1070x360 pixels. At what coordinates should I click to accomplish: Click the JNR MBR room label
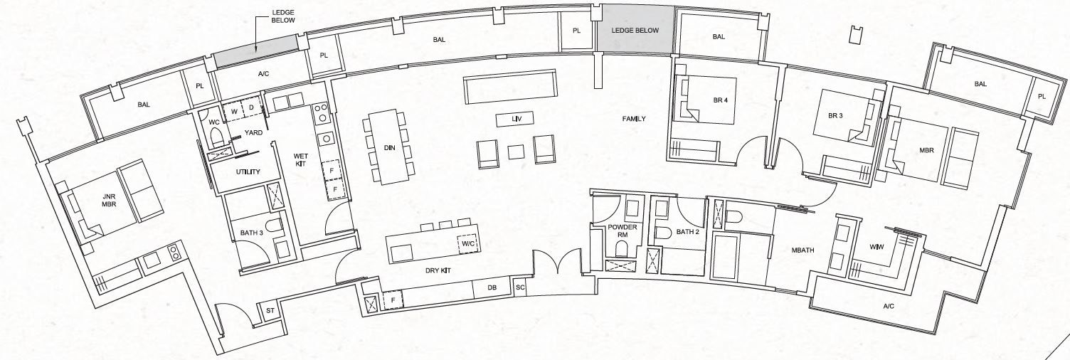(x=109, y=200)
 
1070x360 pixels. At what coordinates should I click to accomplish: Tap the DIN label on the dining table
(x=389, y=147)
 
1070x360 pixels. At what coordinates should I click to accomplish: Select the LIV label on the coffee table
(x=515, y=118)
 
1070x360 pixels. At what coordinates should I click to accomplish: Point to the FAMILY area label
(x=634, y=118)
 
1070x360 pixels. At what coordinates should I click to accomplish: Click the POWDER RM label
(x=623, y=231)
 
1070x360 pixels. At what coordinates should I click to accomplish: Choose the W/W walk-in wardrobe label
(x=876, y=247)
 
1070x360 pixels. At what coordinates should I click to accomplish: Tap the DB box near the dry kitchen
(x=492, y=288)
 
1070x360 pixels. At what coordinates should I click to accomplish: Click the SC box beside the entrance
(x=520, y=287)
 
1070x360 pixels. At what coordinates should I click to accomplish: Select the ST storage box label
(x=270, y=311)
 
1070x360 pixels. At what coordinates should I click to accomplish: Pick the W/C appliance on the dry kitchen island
(x=467, y=244)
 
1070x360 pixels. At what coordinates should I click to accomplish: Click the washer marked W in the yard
(x=234, y=111)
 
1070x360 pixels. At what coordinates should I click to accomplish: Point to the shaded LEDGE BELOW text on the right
(x=635, y=30)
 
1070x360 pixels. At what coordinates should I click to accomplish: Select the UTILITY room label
(x=248, y=172)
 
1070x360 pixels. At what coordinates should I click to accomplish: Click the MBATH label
(x=802, y=250)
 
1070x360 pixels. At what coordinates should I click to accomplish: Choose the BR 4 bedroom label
(x=721, y=100)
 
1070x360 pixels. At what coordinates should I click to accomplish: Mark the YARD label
(x=253, y=133)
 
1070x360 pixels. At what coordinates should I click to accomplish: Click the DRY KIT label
(x=438, y=271)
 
